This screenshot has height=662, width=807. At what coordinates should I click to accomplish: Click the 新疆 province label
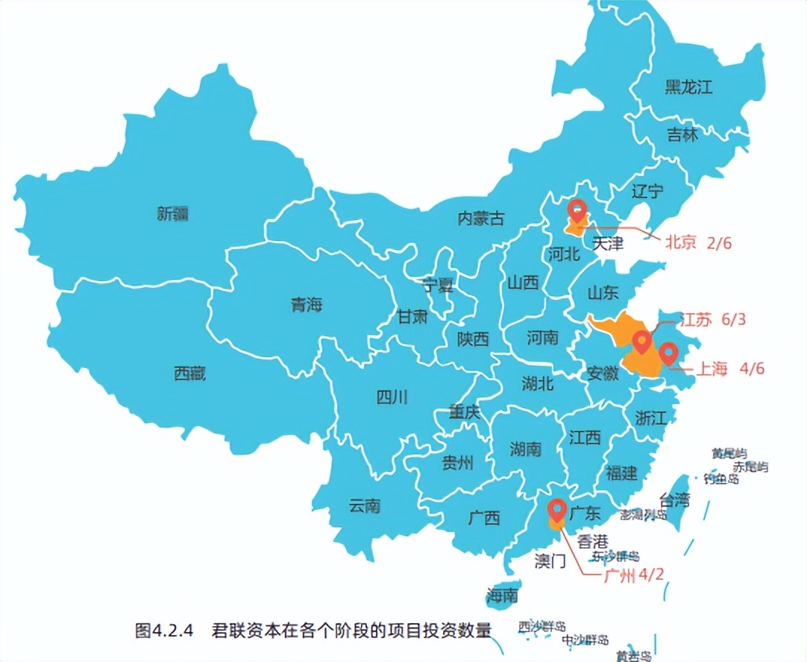coord(172,214)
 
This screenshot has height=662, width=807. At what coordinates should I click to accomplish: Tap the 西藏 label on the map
coord(189,373)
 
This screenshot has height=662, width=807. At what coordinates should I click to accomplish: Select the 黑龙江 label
coord(688,86)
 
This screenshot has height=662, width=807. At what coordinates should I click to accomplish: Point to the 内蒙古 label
coord(480,218)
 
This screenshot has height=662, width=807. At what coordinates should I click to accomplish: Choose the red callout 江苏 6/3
coord(712,320)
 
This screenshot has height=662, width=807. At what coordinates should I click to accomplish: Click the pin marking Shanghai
coord(668,353)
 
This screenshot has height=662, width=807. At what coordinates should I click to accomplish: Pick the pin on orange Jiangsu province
coord(641,342)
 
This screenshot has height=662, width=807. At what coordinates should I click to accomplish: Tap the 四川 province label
coord(392,397)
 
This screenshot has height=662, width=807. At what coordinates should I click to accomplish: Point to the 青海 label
coord(306,304)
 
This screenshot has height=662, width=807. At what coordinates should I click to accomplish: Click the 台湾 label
coord(674,499)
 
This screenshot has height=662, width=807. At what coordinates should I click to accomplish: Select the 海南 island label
coord(502,596)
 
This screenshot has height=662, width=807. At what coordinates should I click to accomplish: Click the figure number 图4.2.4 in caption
coord(164,631)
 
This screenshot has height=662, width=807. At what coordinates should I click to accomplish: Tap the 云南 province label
coord(364,506)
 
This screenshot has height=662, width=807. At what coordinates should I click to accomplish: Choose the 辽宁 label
coord(647,191)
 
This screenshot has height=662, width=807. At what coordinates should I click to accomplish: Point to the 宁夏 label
coord(437,285)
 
